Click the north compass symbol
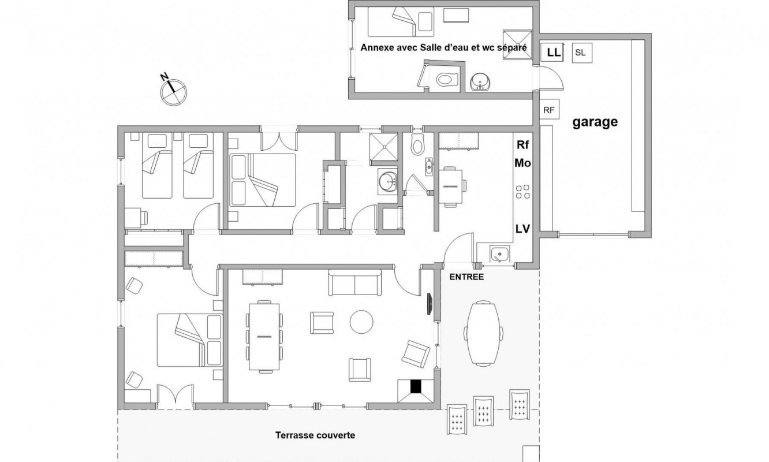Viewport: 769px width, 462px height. [x=174, y=92]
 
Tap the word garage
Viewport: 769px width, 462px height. [x=595, y=122]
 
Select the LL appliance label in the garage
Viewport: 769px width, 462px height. [x=554, y=52]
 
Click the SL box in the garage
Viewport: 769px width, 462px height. [x=582, y=53]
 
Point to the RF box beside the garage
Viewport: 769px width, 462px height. [x=549, y=110]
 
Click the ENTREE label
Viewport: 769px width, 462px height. [x=466, y=277]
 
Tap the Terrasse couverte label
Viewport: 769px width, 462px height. [x=315, y=435]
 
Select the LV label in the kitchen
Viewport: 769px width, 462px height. [x=522, y=229]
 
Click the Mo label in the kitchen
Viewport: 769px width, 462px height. [x=522, y=163]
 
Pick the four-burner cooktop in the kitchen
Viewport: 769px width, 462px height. [x=522, y=192]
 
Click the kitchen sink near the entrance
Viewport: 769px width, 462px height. [x=499, y=255]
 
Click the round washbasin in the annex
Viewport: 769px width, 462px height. [x=480, y=82]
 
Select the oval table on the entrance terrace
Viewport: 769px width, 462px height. [x=483, y=333]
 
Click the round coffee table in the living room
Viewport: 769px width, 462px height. [x=361, y=322]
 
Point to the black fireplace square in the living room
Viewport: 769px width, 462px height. [x=416, y=386]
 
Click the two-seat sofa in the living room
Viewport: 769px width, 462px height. [x=354, y=282]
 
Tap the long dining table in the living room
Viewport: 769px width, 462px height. [x=264, y=337]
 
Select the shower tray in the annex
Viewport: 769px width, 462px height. [x=517, y=45]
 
